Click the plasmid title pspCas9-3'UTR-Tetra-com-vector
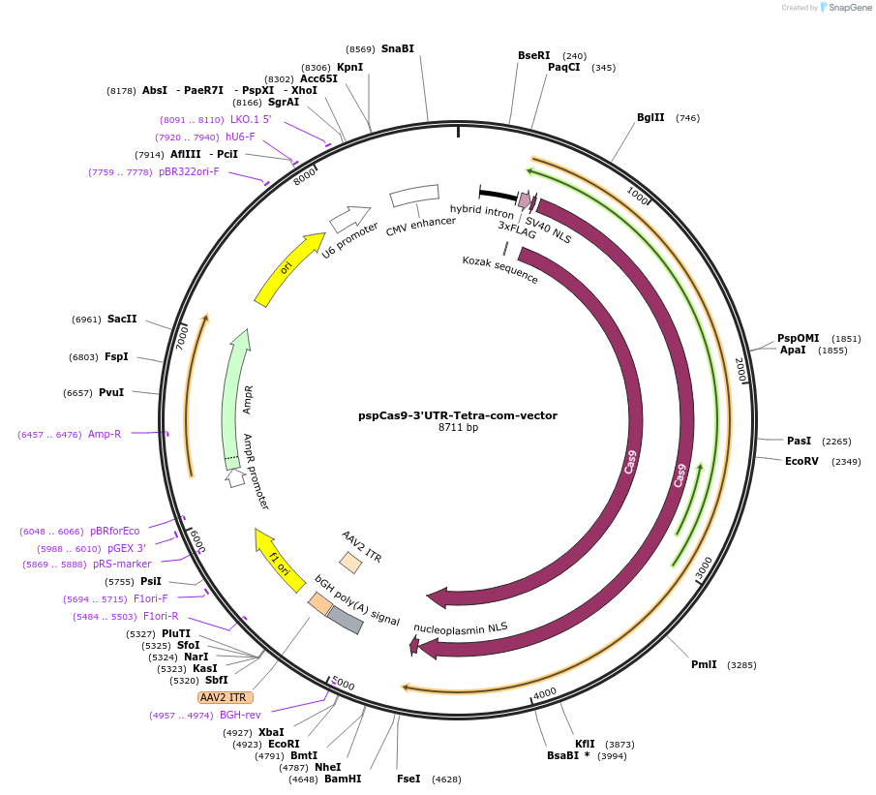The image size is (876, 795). pyautogui.click(x=458, y=415)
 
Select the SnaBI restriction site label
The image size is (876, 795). pyautogui.click(x=397, y=48)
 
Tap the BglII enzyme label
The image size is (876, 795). pyautogui.click(x=650, y=118)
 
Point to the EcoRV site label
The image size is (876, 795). pyautogui.click(x=801, y=461)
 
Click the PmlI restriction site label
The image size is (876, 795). pyautogui.click(x=704, y=664)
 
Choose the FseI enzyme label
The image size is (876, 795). pyautogui.click(x=408, y=779)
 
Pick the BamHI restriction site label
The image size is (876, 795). pyautogui.click(x=342, y=779)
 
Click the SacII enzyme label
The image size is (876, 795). pyautogui.click(x=122, y=319)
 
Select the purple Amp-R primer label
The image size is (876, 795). pyautogui.click(x=105, y=434)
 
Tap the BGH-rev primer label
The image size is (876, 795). pyautogui.click(x=240, y=715)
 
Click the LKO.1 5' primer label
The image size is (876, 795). pyautogui.click(x=251, y=119)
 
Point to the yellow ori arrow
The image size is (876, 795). pyautogui.click(x=288, y=268)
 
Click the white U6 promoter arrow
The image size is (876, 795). pyautogui.click(x=349, y=219)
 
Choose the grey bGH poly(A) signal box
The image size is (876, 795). pyautogui.click(x=345, y=620)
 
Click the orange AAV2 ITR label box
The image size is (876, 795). pyautogui.click(x=225, y=697)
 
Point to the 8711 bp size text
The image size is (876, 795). pyautogui.click(x=458, y=427)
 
